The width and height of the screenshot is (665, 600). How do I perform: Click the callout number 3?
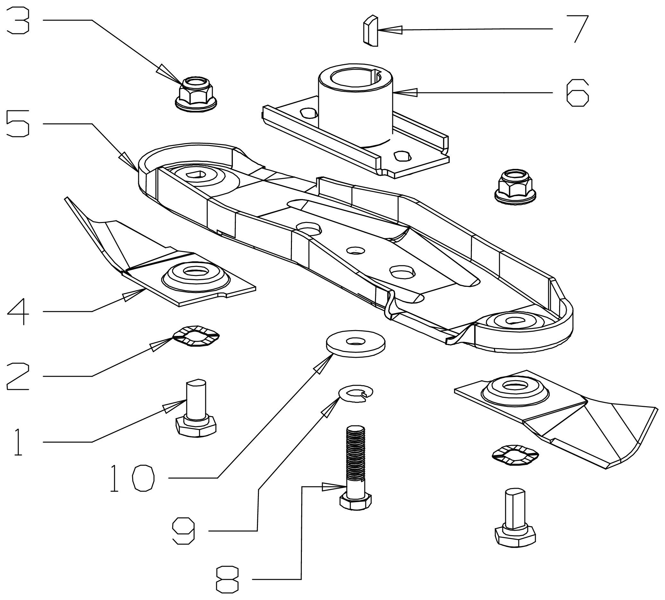(x=18, y=21)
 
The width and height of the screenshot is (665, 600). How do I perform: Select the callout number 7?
(x=577, y=29)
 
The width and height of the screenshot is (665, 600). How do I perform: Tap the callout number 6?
(x=577, y=93)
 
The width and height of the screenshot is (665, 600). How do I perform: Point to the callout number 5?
(x=18, y=124)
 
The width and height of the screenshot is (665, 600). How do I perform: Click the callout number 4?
(x=18, y=312)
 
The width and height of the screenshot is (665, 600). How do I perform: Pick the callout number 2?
(x=18, y=376)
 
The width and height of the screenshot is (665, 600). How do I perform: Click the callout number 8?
(x=227, y=579)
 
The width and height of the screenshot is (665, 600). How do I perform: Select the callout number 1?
(x=18, y=442)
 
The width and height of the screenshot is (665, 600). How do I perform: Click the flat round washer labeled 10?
(x=355, y=344)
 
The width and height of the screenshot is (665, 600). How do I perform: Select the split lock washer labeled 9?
(x=356, y=393)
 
